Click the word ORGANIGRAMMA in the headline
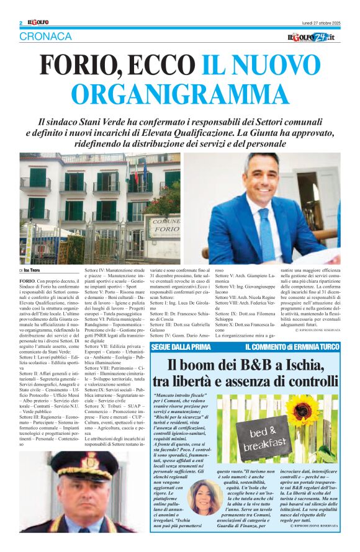coord(179,94)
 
